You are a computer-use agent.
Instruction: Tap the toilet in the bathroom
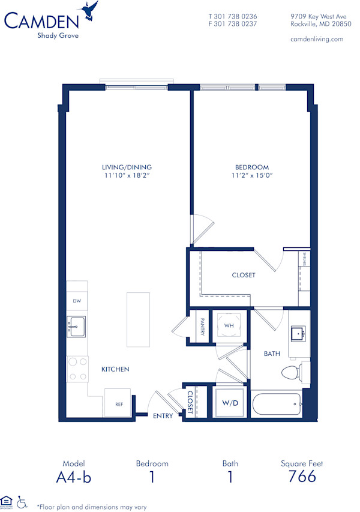pyautogui.click(x=292, y=373)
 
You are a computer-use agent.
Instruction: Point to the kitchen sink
pyautogui.click(x=76, y=327)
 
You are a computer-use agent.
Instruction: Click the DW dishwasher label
pyautogui.click(x=76, y=301)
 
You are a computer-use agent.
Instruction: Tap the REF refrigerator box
pyautogui.click(x=119, y=403)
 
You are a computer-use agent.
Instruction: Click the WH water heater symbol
pyautogui.click(x=229, y=325)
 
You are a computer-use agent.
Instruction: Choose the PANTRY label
pyautogui.click(x=203, y=327)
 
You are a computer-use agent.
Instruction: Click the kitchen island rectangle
pyautogui.click(x=138, y=319)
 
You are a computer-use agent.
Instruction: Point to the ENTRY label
pyautogui.click(x=163, y=415)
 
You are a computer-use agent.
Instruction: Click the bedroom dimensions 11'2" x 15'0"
pyautogui.click(x=251, y=175)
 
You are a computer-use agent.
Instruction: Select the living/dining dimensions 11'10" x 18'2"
pyautogui.click(x=127, y=175)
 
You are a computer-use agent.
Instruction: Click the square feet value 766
pyautogui.click(x=302, y=477)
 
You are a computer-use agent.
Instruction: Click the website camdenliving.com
pyautogui.click(x=316, y=39)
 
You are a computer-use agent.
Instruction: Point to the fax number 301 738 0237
pyautogui.click(x=236, y=24)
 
